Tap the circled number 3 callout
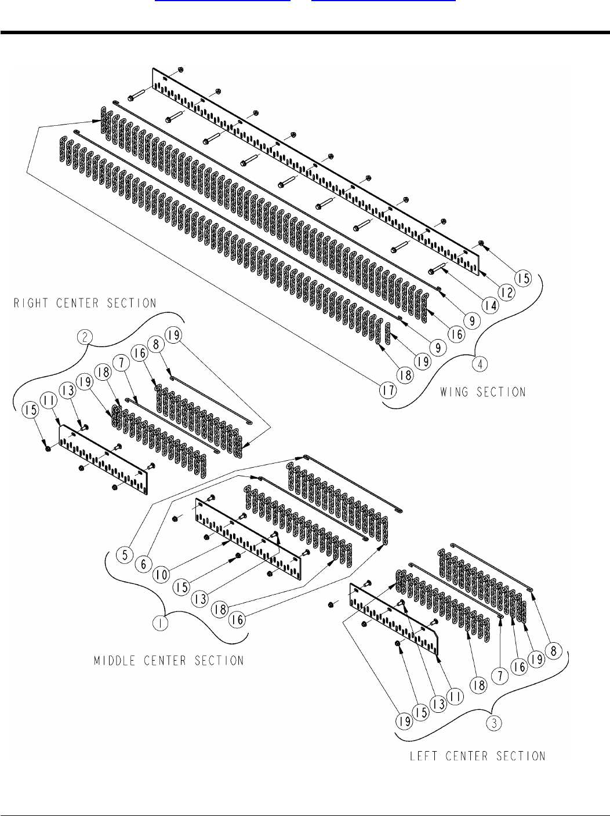492,723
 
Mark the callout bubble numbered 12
507,293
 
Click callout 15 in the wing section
524,278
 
